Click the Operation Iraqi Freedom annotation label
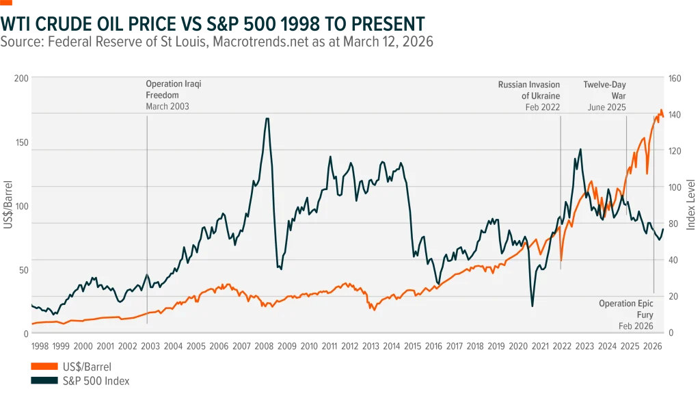coord(174,90)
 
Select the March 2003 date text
coord(167,107)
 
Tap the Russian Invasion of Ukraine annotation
coord(528,90)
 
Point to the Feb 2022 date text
coord(542,107)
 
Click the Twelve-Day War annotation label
coord(604,90)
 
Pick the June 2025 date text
coord(606,107)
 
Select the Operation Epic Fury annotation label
coord(626,308)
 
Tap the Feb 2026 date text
coord(636,326)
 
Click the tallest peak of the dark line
coord(267,119)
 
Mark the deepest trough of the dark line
coord(532,306)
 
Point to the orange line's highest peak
coord(661,111)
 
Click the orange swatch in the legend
coord(44,367)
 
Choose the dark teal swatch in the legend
coord(44,380)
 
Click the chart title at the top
coord(212,25)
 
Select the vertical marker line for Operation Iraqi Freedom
coord(147,205)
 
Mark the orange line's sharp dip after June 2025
coord(647,173)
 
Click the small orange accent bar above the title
coord(7,2)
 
